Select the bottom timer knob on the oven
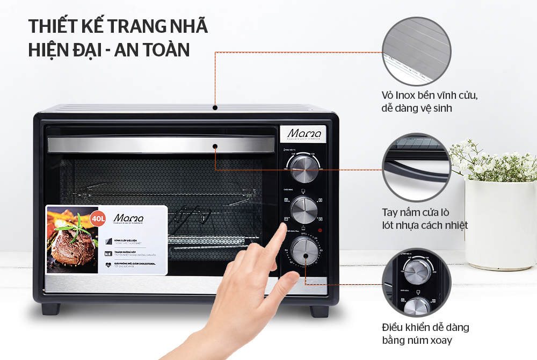(x=303, y=250)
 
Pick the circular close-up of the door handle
(x=416, y=167)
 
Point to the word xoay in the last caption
(x=439, y=340)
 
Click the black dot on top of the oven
(x=215, y=107)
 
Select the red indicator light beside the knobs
(x=320, y=231)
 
